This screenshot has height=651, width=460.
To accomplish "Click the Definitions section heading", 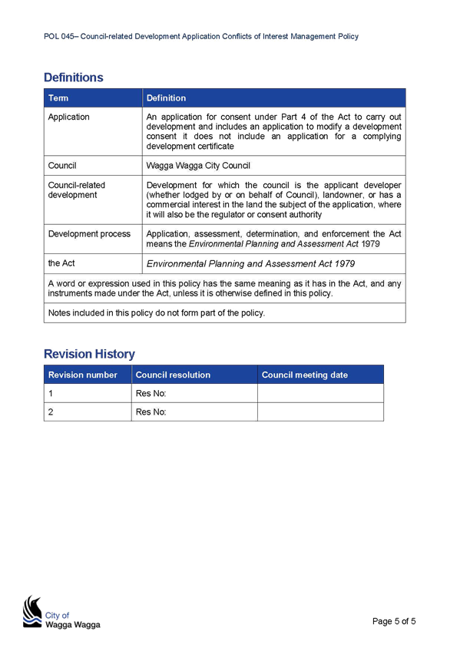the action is tap(74, 78).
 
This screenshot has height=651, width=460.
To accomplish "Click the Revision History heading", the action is tap(89, 354).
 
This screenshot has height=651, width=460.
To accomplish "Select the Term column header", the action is tap(58, 98).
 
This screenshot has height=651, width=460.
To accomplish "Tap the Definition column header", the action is tap(166, 98).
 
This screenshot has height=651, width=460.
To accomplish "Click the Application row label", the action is tap(68, 117).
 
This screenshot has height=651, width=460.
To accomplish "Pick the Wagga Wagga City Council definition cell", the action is tap(198, 166).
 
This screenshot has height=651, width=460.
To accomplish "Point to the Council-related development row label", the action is tap(76, 190).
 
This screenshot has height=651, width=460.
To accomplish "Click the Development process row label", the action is tap(89, 233).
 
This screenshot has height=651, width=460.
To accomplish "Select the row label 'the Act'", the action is tap(61, 263).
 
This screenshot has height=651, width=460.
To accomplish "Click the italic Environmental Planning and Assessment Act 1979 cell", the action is tap(251, 263).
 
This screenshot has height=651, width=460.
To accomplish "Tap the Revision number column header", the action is tap(83, 375).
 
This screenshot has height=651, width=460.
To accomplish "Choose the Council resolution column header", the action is tap(173, 375).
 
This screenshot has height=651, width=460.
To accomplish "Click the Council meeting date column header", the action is tap(305, 375).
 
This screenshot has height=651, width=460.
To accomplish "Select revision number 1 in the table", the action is tap(51, 393).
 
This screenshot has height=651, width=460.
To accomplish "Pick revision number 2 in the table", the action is tap(51, 411).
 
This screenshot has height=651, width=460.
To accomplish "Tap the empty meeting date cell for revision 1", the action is tap(320, 393).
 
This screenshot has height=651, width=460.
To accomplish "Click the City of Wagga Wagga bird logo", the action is tap(32, 612).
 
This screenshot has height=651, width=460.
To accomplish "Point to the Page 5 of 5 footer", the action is tap(394, 621).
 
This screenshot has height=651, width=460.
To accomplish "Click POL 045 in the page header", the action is tap(59, 37).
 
